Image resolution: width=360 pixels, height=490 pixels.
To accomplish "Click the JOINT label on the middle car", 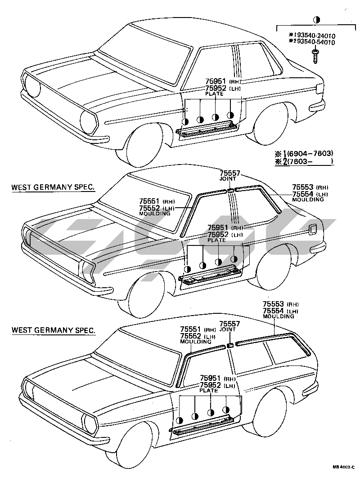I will (x=227, y=178).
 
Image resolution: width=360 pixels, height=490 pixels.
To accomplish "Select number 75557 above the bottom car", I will (x=230, y=324).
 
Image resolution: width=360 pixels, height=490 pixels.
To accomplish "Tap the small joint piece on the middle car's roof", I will (x=230, y=191).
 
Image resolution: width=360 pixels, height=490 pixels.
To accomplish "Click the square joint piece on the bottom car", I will (x=229, y=345).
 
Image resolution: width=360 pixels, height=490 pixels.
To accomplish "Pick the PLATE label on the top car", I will (x=214, y=94).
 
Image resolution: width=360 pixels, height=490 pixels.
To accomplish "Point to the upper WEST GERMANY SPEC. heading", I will (x=53, y=187).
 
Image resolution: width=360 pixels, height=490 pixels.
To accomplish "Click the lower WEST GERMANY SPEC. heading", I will (x=53, y=330).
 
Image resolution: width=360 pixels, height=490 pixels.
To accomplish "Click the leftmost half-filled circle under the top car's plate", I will (x=185, y=121).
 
